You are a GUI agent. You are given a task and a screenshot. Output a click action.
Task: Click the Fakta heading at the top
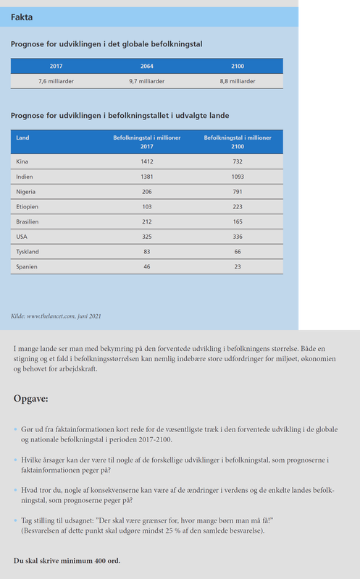[x=21, y=17]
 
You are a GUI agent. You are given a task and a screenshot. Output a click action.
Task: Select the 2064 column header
[x=146, y=67]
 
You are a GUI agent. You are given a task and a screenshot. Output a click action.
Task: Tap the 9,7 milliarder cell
[x=146, y=81]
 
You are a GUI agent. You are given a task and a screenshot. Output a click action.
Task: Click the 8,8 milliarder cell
[x=238, y=81]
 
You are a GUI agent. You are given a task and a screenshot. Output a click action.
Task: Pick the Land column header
[x=22, y=137]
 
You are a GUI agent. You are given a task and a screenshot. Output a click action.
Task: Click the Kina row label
[x=23, y=161]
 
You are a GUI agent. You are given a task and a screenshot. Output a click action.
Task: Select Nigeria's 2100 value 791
[x=238, y=192]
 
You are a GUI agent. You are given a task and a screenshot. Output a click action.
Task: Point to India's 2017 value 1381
[x=147, y=176]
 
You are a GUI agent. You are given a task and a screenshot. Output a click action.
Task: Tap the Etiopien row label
[x=28, y=206]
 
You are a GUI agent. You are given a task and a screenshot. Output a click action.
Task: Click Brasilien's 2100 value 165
[x=238, y=221]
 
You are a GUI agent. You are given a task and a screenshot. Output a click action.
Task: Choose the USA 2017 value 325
[x=147, y=237]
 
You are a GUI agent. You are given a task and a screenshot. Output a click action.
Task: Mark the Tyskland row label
[x=28, y=251]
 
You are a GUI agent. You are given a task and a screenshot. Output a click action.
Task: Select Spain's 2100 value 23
[x=238, y=266]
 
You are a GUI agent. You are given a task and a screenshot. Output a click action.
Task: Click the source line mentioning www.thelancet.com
[x=56, y=316]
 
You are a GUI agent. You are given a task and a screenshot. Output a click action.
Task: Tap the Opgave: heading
[x=31, y=399]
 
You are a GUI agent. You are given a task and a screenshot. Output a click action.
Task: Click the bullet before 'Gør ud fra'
[x=15, y=429]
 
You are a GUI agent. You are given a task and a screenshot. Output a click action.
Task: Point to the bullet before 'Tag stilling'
[x=15, y=520]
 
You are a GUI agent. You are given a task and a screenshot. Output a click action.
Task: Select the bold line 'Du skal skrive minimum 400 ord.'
[x=67, y=561]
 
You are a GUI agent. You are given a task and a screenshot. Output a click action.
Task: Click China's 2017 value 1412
[x=147, y=161]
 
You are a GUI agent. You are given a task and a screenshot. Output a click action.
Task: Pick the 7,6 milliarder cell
[x=56, y=81]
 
